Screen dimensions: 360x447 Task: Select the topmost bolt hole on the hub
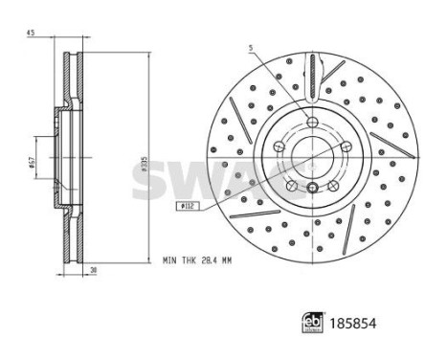pos(313,120)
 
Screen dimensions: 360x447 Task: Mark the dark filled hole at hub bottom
pos(313,188)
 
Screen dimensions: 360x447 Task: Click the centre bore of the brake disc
pos(313,156)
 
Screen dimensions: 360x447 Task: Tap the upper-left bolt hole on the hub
pos(279,146)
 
